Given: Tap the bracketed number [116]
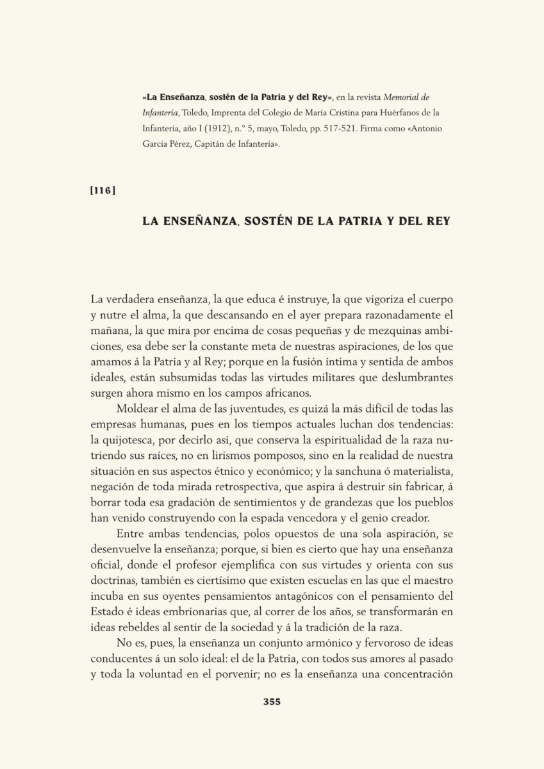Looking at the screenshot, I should [x=103, y=190].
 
